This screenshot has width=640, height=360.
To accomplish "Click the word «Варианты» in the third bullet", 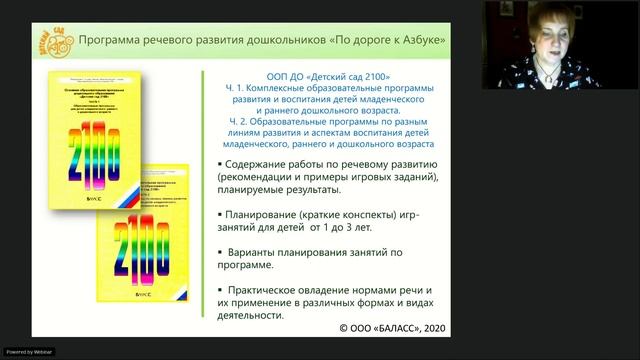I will coord(264,252).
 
